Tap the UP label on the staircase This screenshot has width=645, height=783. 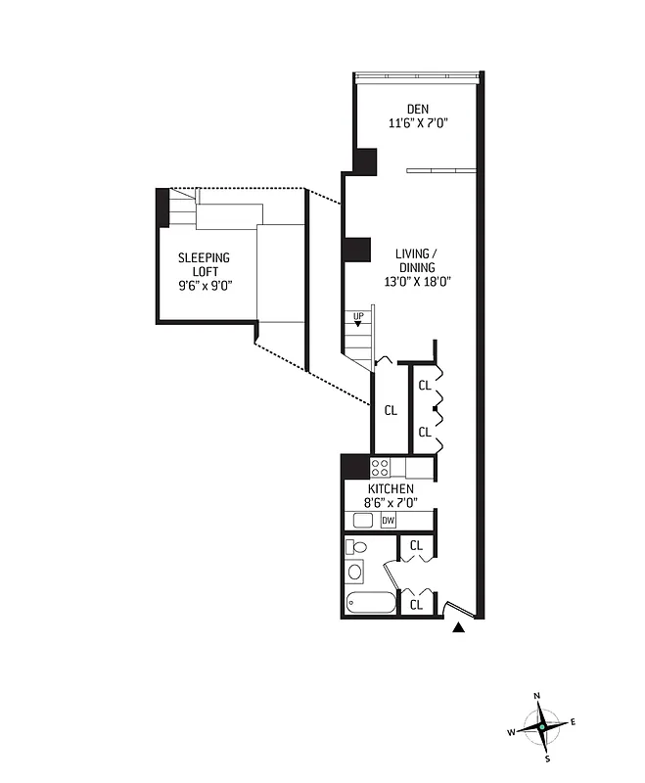coord(358,316)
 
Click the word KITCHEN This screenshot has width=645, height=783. coord(391,489)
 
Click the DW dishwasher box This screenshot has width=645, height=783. coord(389,521)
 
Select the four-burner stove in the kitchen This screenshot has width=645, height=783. coord(381,467)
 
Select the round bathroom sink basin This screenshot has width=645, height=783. coord(357,573)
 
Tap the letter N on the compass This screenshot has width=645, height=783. coord(536,696)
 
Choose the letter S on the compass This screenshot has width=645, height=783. coord(547,759)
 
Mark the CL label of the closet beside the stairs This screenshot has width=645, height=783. coord(390,410)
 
